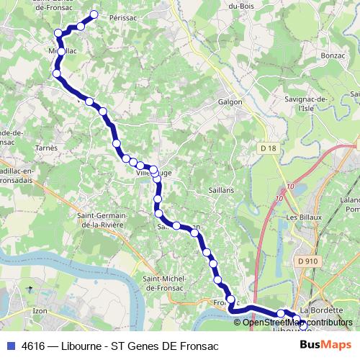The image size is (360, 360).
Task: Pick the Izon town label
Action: tap(40, 310)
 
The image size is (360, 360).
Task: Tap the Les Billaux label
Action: tap(302, 217)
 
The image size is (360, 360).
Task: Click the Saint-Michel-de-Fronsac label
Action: tap(166, 282)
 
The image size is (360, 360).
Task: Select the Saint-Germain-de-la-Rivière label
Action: tap(101, 220)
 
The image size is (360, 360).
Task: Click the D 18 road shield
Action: tap(269, 147)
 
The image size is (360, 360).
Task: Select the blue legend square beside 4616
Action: tap(10, 346)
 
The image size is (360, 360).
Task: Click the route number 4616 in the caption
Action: tap(34, 346)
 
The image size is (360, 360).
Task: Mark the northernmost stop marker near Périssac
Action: tap(94, 14)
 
